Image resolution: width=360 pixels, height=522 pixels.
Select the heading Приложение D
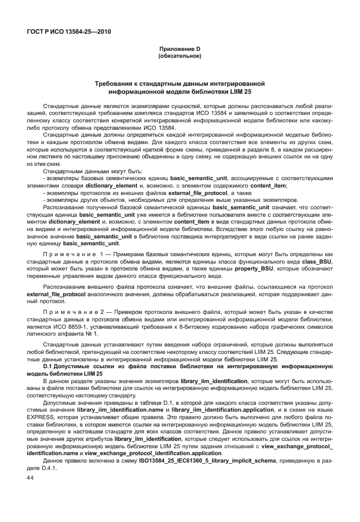[x=179, y=49]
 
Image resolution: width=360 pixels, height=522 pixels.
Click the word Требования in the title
[x=121, y=84]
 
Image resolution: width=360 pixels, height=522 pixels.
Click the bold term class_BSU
[x=317, y=260]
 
